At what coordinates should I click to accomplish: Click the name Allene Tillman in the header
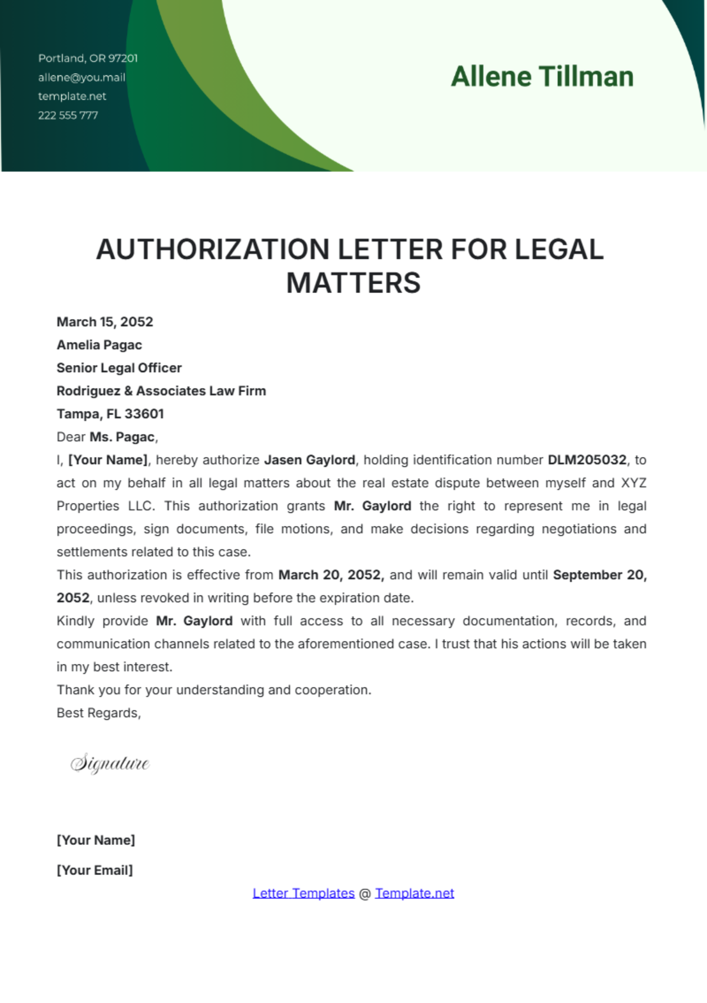[542, 77]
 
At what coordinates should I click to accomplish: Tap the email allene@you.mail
[82, 77]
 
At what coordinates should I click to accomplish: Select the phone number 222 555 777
[68, 115]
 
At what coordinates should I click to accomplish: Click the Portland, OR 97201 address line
[88, 58]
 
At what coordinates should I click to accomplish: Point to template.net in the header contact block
[72, 96]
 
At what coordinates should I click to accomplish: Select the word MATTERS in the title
[353, 283]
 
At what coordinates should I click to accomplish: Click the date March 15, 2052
[105, 322]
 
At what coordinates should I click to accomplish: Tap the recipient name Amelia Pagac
[99, 345]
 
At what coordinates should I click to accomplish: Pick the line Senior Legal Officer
[119, 368]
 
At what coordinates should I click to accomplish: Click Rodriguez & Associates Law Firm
[161, 391]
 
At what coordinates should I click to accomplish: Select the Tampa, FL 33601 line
[110, 414]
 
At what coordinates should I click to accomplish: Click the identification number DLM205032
[587, 460]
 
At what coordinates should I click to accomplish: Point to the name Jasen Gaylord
[309, 460]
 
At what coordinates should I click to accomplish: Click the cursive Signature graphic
[110, 764]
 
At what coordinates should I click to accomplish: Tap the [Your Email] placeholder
[95, 870]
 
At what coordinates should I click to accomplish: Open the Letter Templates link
[303, 893]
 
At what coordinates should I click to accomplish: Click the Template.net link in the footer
[415, 893]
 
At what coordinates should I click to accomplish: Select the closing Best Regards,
[98, 713]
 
